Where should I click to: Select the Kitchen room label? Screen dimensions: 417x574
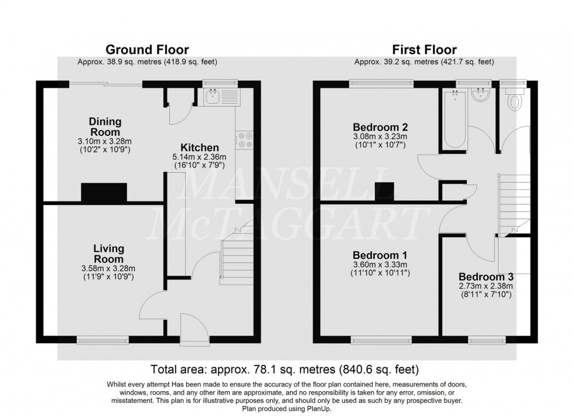tap(199, 148)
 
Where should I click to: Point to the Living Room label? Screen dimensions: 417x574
tap(109, 254)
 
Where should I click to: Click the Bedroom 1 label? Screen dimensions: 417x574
tap(380, 256)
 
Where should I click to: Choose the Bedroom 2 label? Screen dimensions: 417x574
tap(380, 127)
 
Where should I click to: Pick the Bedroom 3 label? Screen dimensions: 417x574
tap(486, 276)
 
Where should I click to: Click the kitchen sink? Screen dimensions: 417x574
tap(222, 97)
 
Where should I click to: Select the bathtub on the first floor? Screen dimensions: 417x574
tap(455, 120)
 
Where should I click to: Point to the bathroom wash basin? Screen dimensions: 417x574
tap(481, 96)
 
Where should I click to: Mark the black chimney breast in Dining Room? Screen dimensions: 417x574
tap(104, 192)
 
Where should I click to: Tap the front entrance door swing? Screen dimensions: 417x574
tap(193, 336)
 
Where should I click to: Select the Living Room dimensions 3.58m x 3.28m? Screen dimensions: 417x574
tap(109, 268)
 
